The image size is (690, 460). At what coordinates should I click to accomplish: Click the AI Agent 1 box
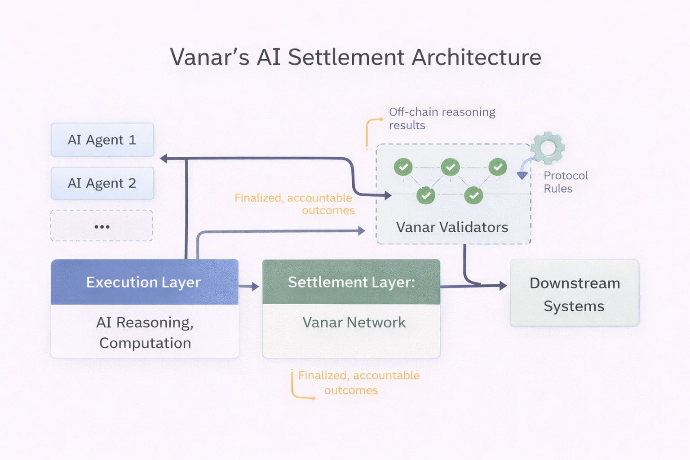point(102,140)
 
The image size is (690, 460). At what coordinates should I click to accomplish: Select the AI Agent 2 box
point(102,183)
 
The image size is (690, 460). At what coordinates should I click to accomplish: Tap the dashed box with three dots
point(102,226)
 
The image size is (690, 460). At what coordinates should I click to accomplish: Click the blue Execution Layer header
point(144,282)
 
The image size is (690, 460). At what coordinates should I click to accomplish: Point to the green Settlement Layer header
point(351,282)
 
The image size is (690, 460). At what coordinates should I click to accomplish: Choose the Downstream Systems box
point(575,293)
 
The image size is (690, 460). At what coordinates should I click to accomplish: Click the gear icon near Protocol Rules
point(548,147)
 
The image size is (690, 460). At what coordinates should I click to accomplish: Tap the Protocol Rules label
point(566,182)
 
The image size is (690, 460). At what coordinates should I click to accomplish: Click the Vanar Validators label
point(452,227)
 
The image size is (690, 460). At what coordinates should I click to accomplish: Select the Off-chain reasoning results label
point(442,118)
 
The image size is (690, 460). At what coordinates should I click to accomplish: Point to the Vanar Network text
point(354,322)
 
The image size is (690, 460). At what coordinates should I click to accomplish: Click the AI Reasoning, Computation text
point(145,332)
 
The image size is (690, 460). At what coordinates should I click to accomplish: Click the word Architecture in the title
point(476,57)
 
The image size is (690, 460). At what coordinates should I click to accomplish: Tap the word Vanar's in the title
point(209,57)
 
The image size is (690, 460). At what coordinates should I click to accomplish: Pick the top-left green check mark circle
point(403,167)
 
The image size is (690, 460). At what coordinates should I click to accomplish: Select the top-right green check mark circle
point(498,167)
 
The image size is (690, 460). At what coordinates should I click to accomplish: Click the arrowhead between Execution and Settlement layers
point(256,286)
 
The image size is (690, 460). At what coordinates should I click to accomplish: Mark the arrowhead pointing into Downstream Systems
point(503,285)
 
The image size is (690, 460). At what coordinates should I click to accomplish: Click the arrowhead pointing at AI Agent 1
point(164,159)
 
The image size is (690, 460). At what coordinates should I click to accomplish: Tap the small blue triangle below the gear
point(522,175)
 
